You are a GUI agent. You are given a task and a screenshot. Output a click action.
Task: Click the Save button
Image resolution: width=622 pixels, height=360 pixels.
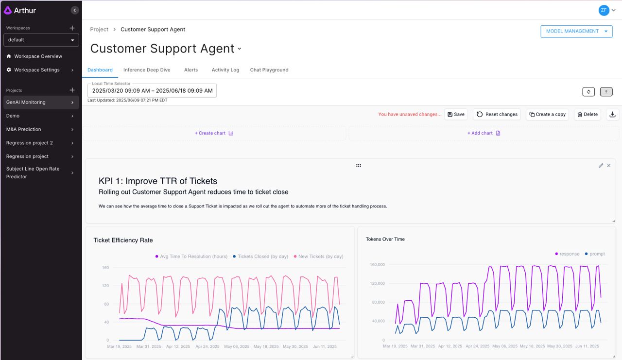(456, 115)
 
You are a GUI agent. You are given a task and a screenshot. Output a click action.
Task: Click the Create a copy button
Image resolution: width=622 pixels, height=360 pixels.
(547, 115)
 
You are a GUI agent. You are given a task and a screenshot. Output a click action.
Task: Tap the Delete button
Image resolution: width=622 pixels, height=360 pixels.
(587, 115)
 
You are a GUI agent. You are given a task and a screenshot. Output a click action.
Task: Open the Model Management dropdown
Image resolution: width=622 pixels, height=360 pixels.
(576, 31)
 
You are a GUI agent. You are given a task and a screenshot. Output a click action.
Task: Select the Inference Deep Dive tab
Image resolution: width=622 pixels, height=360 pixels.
(147, 70)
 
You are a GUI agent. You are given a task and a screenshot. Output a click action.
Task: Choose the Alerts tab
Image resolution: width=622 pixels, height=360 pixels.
(191, 70)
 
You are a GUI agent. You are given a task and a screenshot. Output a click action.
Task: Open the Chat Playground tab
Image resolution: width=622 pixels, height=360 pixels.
(269, 70)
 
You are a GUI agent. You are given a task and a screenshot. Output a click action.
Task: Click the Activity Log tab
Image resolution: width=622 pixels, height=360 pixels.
(225, 70)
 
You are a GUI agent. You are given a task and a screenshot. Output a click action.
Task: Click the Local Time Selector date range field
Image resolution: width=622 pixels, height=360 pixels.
(152, 91)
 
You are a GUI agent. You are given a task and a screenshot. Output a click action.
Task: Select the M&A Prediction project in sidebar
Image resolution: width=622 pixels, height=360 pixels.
(24, 129)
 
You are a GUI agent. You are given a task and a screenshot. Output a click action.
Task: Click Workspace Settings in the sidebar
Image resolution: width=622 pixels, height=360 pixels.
(37, 70)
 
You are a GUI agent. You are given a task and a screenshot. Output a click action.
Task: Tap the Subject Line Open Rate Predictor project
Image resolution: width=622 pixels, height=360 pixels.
(33, 173)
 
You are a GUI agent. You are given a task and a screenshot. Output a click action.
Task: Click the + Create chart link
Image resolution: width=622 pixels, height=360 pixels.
(214, 133)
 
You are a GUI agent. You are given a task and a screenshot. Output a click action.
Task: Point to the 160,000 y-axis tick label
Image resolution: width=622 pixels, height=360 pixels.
(377, 265)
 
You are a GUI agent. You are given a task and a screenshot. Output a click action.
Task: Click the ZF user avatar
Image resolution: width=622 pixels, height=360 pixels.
(604, 10)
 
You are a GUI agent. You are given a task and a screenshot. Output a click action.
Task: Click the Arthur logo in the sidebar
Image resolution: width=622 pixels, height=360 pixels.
(20, 10)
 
